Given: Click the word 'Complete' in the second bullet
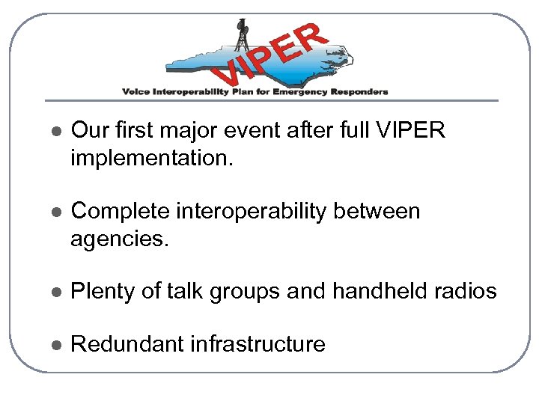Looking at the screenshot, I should (x=120, y=212).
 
